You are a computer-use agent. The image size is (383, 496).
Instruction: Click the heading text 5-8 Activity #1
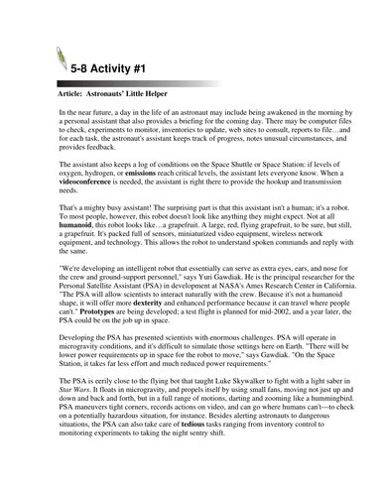pos(118,70)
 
